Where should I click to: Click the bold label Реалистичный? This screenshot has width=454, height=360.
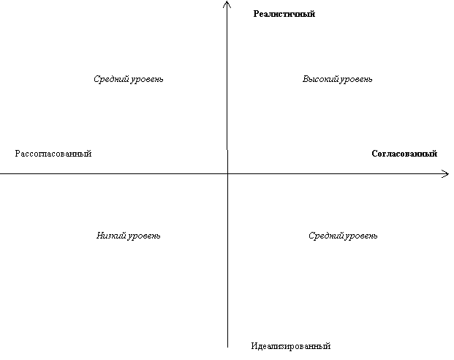pyautogui.click(x=284, y=14)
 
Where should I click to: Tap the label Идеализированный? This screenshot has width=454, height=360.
pyautogui.click(x=291, y=346)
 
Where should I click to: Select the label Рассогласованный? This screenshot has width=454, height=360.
pyautogui.click(x=53, y=154)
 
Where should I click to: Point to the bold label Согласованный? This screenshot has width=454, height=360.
pyautogui.click(x=404, y=154)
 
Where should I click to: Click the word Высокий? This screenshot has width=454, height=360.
pyautogui.click(x=320, y=79)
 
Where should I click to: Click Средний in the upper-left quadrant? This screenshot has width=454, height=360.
pyautogui.click(x=111, y=79)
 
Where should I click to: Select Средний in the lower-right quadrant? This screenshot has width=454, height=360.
pyautogui.click(x=326, y=236)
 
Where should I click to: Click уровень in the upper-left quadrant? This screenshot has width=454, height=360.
pyautogui.click(x=147, y=80)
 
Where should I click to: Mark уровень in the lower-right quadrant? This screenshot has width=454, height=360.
pyautogui.click(x=361, y=236)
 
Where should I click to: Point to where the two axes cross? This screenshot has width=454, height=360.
pyautogui.click(x=227, y=174)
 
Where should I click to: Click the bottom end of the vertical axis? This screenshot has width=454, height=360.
pyautogui.click(x=227, y=347)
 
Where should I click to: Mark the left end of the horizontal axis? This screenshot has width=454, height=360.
pyautogui.click(x=1, y=174)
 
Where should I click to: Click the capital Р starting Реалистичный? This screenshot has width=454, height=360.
pyautogui.click(x=256, y=14)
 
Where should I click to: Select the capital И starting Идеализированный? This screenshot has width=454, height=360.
pyautogui.click(x=254, y=346)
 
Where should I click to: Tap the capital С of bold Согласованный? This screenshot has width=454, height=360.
pyautogui.click(x=374, y=154)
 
